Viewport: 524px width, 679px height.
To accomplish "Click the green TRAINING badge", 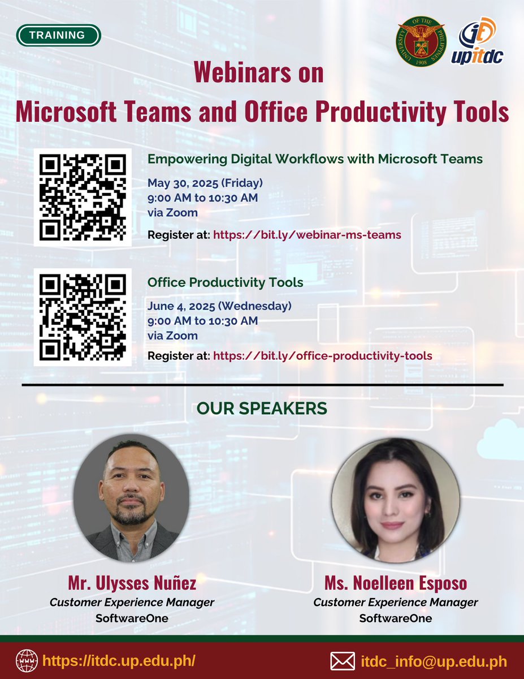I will pos(59,35).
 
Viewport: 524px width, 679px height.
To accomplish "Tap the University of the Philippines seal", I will pos(421,40).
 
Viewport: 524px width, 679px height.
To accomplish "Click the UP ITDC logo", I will pos(478,40).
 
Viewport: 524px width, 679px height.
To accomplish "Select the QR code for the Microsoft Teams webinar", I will pos(83,197).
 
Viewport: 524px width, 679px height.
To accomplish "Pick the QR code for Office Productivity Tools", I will pos(83,317).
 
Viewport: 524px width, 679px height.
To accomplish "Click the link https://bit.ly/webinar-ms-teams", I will pos(307,234).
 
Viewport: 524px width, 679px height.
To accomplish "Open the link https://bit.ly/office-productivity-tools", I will pos(322,356).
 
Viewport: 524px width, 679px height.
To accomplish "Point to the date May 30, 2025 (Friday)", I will pos(205,183).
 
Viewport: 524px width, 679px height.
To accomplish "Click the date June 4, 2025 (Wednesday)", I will pos(219,306).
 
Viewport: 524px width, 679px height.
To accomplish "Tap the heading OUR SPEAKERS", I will pos(262,408).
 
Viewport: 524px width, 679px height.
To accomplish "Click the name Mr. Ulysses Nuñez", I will pos(132,583).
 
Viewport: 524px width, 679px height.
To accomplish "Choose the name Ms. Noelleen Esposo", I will pos(396,583).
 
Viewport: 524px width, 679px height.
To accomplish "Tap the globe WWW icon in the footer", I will pos(27,660).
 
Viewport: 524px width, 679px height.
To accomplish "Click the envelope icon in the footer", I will pos(342,661).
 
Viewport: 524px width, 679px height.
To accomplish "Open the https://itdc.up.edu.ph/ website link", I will pos(119,661).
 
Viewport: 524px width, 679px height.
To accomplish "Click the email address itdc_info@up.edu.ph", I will pos(434,661).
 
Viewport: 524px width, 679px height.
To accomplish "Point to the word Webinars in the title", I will pos(259,74).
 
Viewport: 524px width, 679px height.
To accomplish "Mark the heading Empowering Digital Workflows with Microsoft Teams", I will pos(315,159).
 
